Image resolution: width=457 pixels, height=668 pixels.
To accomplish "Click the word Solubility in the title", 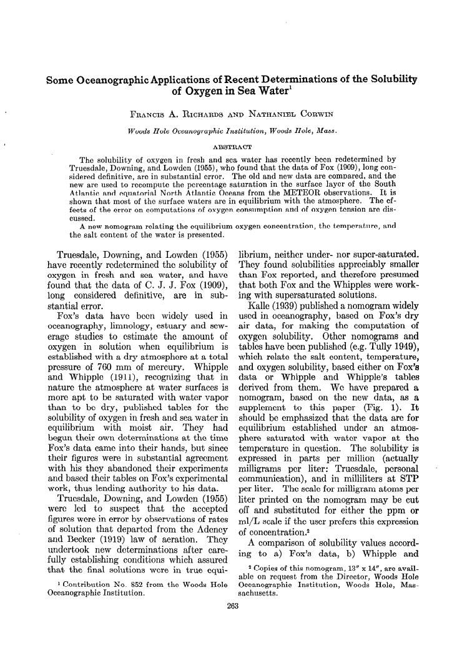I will tap(385, 81).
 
